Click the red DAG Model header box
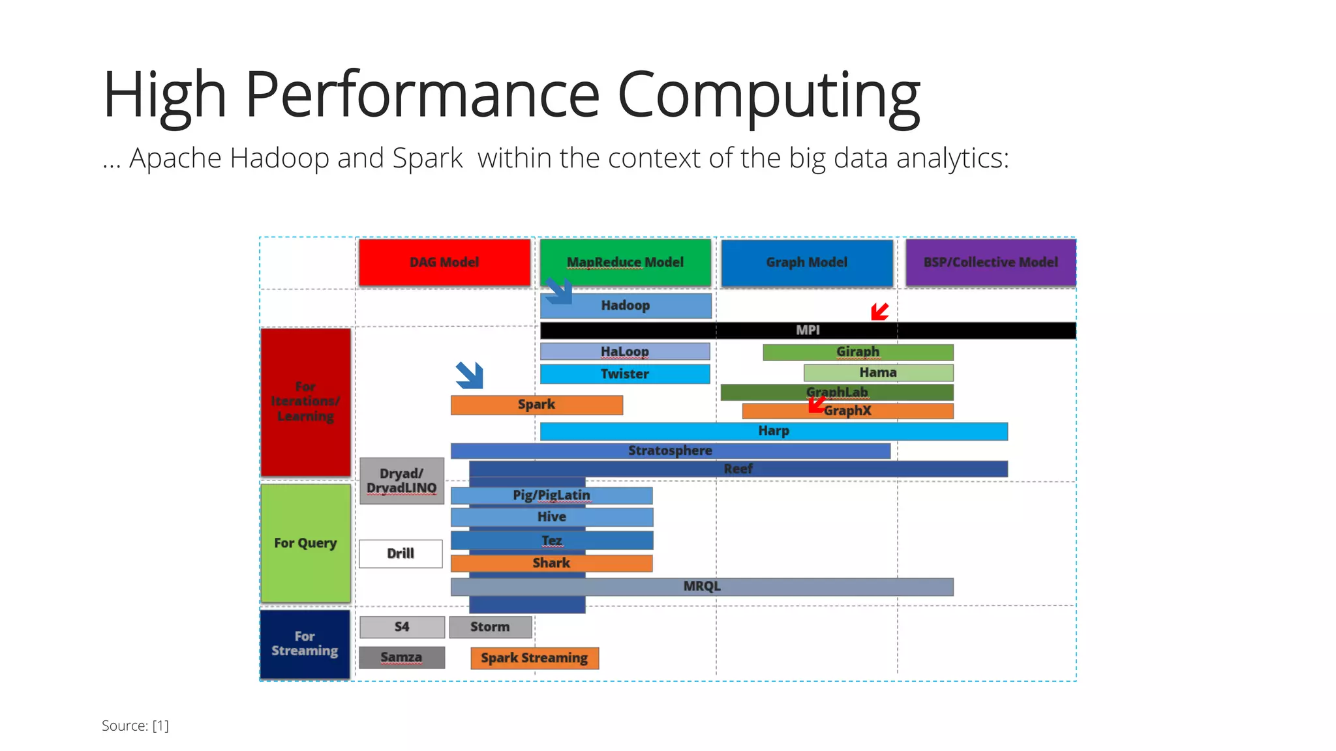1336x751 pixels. tap(444, 262)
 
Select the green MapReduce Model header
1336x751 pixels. tap(625, 262)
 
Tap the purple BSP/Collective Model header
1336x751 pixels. tap(990, 262)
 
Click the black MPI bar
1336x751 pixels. tap(808, 331)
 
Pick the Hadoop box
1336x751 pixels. tap(625, 306)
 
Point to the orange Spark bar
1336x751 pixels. tap(536, 405)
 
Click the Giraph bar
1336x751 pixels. tap(858, 352)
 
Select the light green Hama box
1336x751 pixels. tap(878, 373)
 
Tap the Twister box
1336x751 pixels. tap(624, 374)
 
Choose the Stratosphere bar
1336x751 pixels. tap(670, 450)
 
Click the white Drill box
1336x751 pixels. tap(401, 553)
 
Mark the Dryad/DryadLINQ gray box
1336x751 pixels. tap(402, 481)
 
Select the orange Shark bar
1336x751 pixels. tap(551, 563)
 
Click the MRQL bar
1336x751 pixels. tap(702, 586)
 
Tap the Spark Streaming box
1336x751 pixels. tap(534, 658)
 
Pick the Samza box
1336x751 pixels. tap(402, 657)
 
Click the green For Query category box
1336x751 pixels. tap(305, 543)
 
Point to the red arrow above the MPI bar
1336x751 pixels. tap(879, 312)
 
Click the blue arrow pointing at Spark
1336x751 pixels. tap(470, 375)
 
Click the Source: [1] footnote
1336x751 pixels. tap(135, 726)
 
